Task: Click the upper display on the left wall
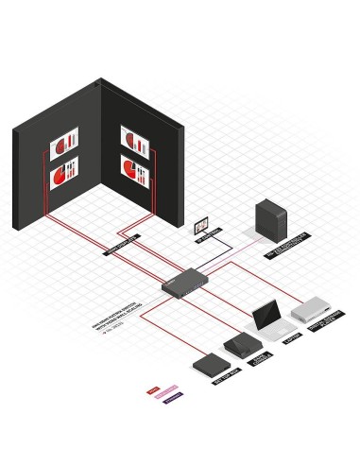pyautogui.click(x=64, y=145)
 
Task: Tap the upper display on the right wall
pyautogui.click(x=135, y=140)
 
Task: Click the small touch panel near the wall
pyautogui.click(x=200, y=226)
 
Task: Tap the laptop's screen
pyautogui.click(x=266, y=314)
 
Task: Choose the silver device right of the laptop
pyautogui.click(x=312, y=310)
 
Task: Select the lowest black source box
pyautogui.click(x=209, y=364)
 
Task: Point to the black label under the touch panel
pyautogui.click(x=207, y=239)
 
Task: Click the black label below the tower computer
pyautogui.click(x=286, y=243)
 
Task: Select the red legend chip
pyautogui.click(x=152, y=387)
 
